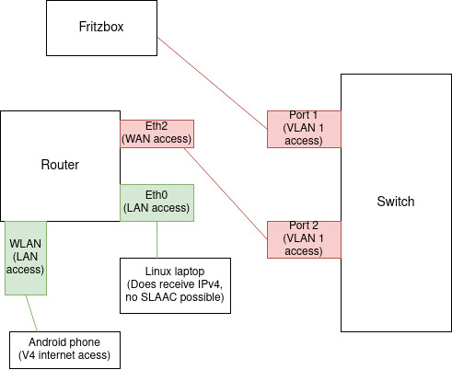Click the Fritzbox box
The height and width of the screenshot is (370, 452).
pos(101,28)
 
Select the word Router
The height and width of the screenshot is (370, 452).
pos(60,165)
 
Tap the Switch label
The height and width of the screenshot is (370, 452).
pos(396,202)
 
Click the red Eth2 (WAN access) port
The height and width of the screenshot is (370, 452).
pos(156,133)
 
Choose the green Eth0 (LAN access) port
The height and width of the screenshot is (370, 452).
pos(156,202)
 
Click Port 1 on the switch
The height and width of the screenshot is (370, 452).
pos(304,129)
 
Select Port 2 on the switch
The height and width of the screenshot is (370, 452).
pos(304,239)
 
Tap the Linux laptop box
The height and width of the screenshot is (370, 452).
pos(175,285)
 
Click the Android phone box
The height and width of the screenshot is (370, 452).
pos(64,349)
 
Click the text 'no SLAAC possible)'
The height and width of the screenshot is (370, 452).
pos(175,297)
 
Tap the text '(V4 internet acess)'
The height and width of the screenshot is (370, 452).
pos(64,355)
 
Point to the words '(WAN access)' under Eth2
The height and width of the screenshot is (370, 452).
pos(156,139)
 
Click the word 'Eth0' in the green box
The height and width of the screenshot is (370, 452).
pos(156,196)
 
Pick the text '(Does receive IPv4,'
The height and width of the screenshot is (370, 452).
pos(175,285)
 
